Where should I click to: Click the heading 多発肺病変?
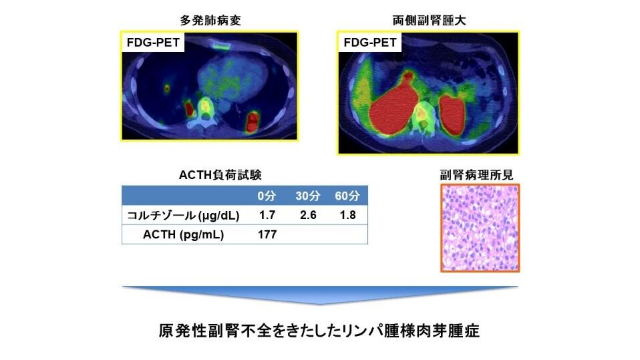click(210, 21)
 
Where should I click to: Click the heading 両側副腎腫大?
click(429, 21)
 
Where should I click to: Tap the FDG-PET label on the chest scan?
click(153, 43)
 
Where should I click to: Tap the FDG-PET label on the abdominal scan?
click(370, 43)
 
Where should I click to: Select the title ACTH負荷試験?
click(220, 175)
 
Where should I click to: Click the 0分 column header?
click(267, 196)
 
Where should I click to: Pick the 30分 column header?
click(308, 196)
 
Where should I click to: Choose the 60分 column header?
click(347, 196)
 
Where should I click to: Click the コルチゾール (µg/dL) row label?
click(183, 216)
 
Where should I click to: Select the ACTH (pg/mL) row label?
click(183, 234)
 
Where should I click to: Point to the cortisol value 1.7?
click(267, 215)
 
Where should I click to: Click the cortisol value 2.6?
click(308, 215)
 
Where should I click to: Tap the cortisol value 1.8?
click(348, 215)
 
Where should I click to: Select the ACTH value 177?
click(267, 234)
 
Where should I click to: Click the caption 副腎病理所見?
click(476, 175)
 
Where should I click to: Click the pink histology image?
click(480, 228)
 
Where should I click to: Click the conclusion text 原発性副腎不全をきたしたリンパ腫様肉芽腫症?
click(319, 331)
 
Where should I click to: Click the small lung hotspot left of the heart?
click(167, 87)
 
